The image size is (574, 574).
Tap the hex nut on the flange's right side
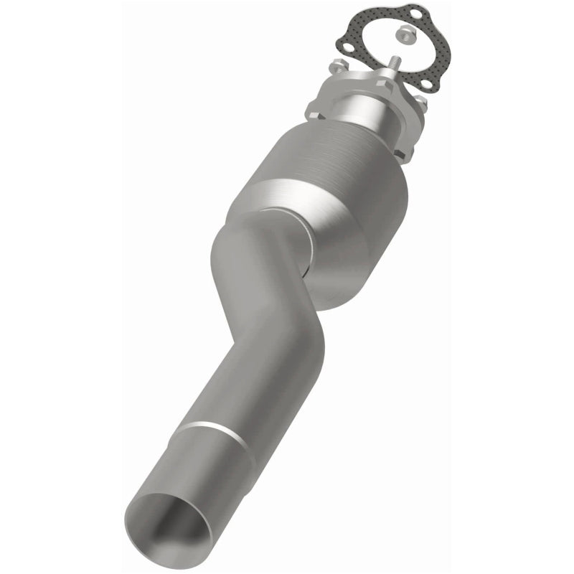421,103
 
